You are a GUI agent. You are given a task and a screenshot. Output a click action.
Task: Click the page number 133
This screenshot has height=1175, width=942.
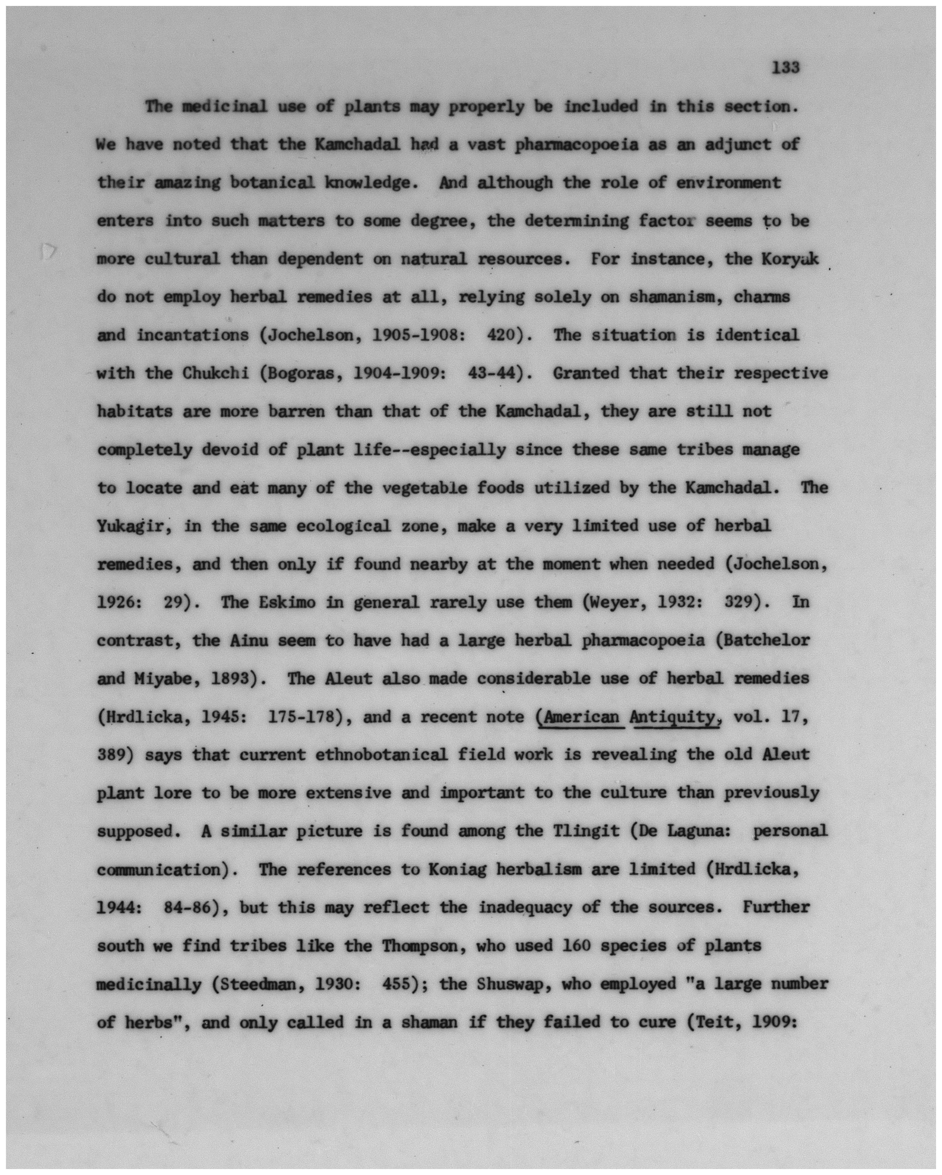tap(785, 68)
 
